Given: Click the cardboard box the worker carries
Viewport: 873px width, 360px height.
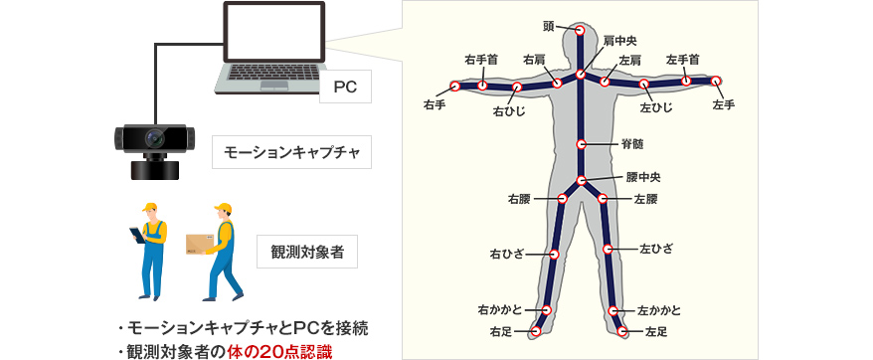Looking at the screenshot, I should coord(201,245).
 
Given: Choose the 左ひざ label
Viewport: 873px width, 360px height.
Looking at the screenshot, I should coord(655,246).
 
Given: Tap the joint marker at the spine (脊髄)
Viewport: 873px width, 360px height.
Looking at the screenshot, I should coord(582,144).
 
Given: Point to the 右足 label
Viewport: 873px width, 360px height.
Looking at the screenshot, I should coord(501,330).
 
